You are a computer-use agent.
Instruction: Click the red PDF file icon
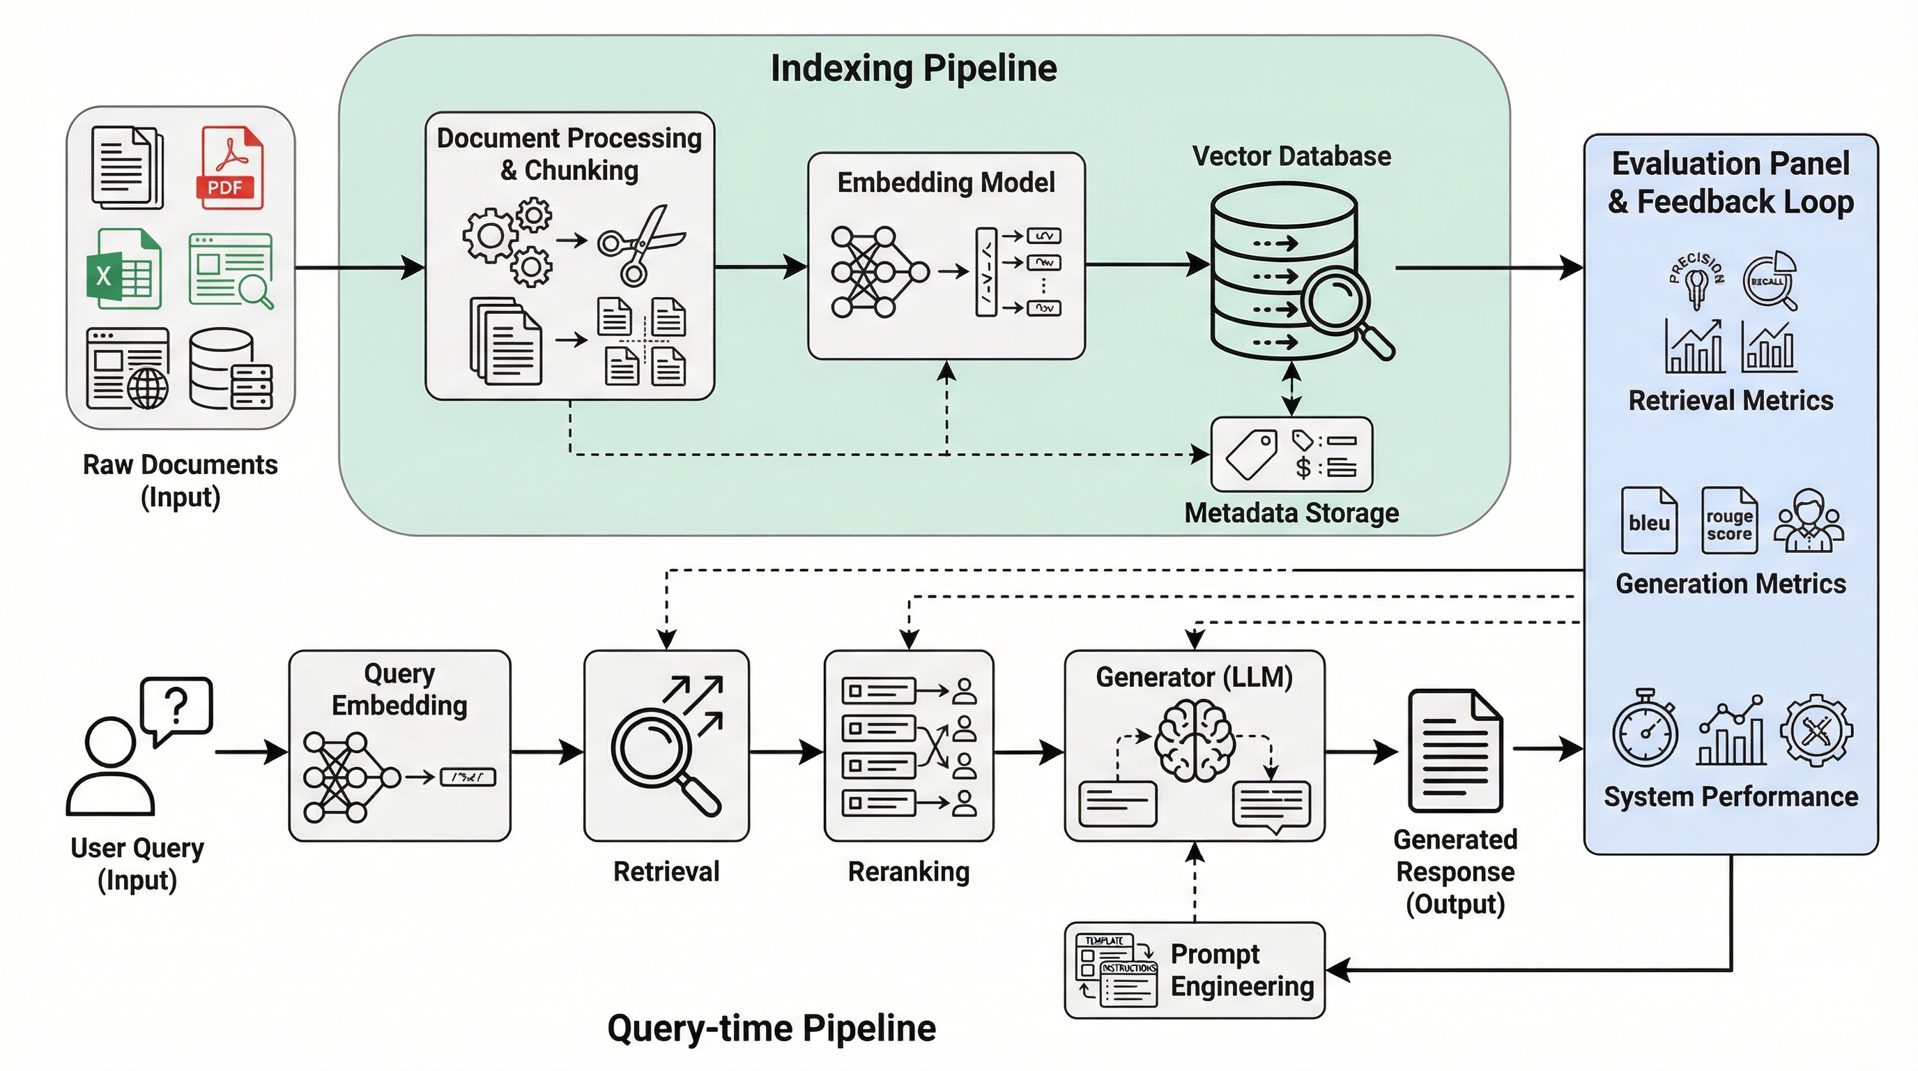point(229,168)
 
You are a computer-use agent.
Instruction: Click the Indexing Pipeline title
point(913,68)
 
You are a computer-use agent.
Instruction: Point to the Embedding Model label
point(946,183)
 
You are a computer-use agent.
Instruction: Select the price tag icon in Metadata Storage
point(1252,454)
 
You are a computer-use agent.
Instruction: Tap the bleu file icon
point(1648,521)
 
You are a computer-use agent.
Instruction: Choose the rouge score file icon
point(1729,521)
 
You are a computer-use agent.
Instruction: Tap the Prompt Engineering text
point(1241,970)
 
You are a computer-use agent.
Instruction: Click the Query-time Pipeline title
point(772,1028)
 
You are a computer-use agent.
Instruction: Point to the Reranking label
point(908,872)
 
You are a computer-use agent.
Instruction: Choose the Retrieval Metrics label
point(1731,401)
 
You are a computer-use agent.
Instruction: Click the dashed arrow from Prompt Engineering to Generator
point(1195,883)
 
